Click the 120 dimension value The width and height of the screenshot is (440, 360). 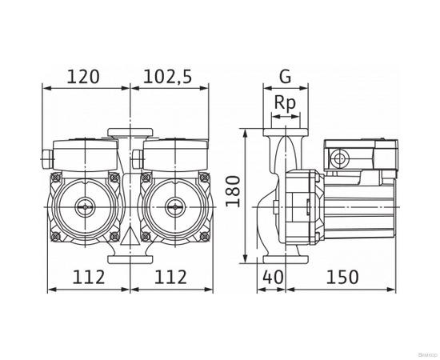coord(83,77)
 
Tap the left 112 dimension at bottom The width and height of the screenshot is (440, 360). coord(89,277)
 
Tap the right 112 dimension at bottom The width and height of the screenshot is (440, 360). coord(170,277)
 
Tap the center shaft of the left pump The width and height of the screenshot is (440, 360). coord(84,210)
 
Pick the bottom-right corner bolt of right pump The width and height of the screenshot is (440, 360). coord(206,238)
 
